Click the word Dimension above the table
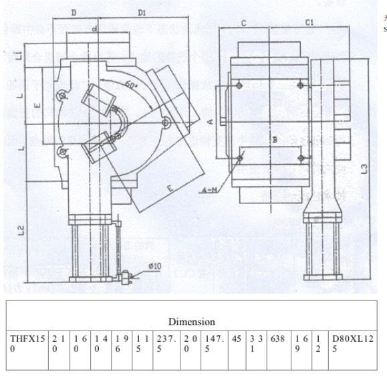[x=191, y=322]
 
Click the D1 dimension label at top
[x=142, y=12]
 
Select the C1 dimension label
[x=309, y=23]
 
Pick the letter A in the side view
[x=209, y=121]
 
